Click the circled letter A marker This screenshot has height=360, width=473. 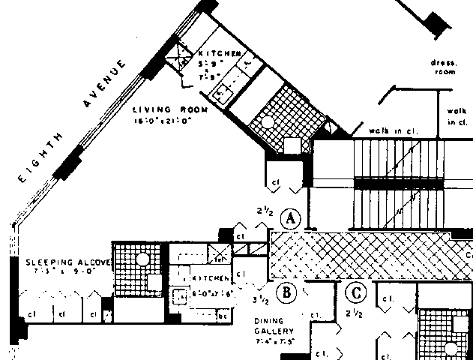click(289, 220)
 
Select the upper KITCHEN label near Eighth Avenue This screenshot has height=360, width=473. click(218, 55)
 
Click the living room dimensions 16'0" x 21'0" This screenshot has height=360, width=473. click(163, 118)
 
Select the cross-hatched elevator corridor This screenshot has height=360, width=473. click(360, 255)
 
